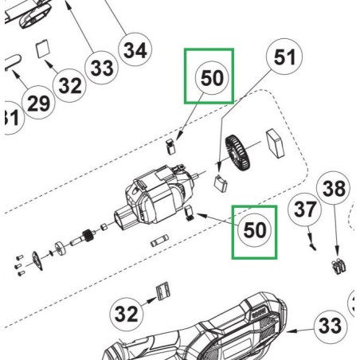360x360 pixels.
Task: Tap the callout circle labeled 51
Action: (284, 57)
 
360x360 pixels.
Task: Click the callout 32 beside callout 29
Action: (69, 86)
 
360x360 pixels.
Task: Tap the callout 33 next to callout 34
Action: (101, 69)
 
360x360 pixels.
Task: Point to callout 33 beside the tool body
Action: (328, 326)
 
